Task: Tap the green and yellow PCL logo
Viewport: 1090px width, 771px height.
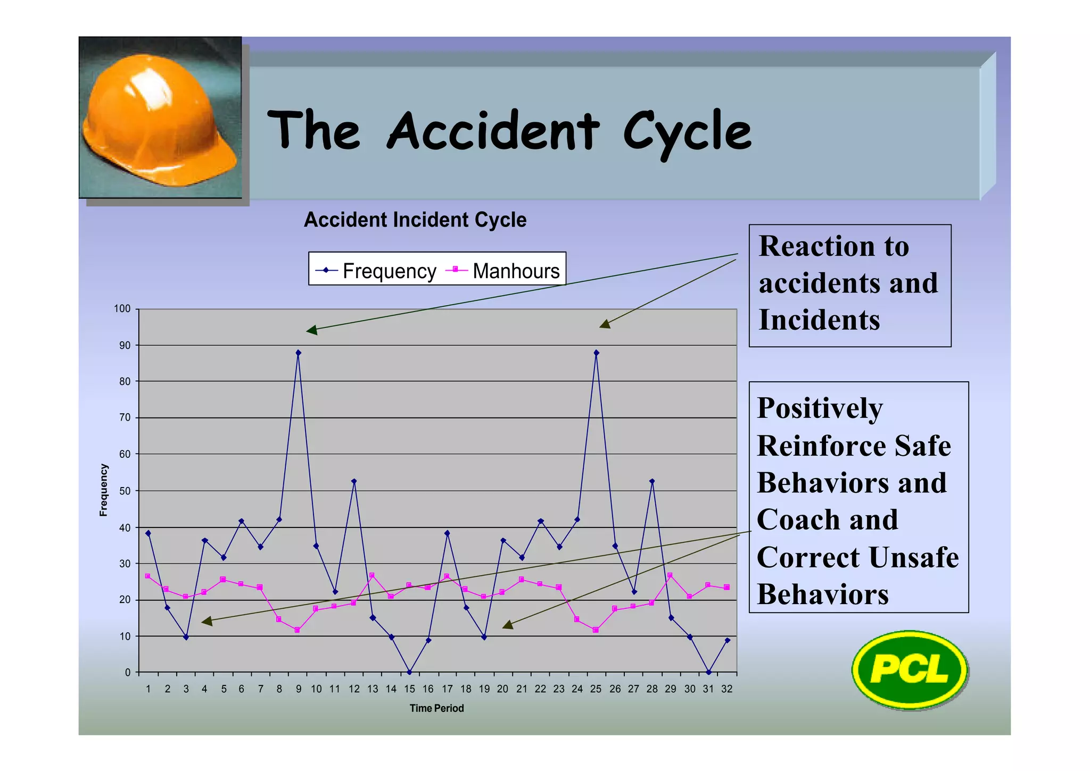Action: tap(909, 669)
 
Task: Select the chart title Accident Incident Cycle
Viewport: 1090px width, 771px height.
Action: tap(415, 220)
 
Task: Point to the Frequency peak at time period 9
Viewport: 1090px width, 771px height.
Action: tap(298, 353)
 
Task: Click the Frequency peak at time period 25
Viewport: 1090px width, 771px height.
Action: tap(596, 353)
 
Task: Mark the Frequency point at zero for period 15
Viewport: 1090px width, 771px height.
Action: tap(409, 672)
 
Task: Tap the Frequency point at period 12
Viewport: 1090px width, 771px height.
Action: tap(354, 481)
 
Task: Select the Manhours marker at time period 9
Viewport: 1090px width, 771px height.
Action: tap(298, 630)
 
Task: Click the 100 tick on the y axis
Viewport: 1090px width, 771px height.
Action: tap(122, 309)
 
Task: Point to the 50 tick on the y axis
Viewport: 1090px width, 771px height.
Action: tap(125, 491)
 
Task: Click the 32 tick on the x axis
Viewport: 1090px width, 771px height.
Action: tap(726, 689)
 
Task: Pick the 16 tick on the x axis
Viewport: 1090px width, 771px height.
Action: tap(428, 689)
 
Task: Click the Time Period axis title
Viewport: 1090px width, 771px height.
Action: tap(436, 708)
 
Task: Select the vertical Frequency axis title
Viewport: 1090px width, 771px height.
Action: tap(104, 490)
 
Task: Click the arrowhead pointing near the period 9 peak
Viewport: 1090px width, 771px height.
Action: tap(312, 330)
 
